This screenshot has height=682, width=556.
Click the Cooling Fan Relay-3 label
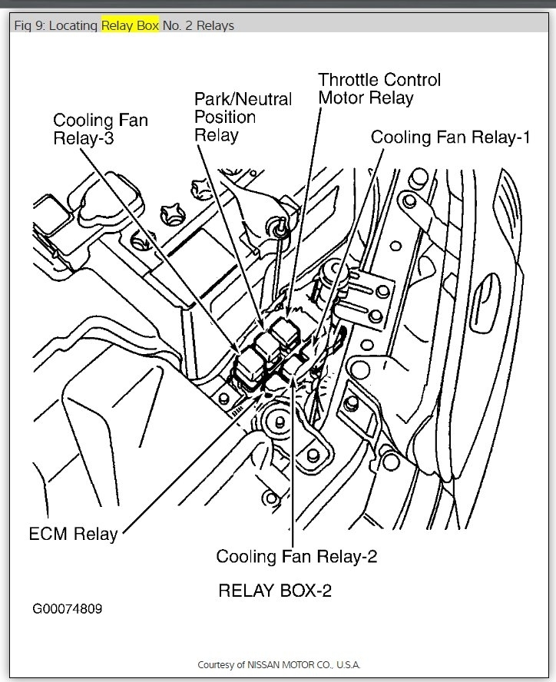[x=100, y=130]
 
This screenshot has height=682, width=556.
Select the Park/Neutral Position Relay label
[x=243, y=117]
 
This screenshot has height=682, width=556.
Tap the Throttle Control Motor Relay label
[x=379, y=88]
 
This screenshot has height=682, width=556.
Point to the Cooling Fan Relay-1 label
[x=451, y=137]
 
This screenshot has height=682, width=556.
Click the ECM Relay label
[x=73, y=534]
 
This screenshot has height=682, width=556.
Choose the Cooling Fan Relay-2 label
[x=296, y=555]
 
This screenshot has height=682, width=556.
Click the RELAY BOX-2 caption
[x=275, y=591]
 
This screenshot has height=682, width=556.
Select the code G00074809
[x=67, y=609]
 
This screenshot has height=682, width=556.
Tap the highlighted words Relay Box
[x=131, y=25]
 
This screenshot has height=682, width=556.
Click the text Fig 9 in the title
[x=28, y=25]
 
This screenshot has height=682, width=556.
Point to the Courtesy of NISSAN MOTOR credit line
[x=279, y=664]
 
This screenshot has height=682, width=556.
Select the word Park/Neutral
[x=243, y=99]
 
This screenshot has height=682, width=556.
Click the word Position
[x=225, y=117]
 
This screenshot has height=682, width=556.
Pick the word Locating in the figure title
[x=74, y=25]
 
